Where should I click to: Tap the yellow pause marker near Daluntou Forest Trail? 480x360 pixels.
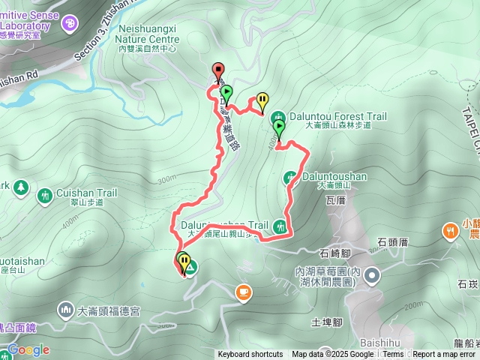[262, 99]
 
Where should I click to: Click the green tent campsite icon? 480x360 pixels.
[190, 266]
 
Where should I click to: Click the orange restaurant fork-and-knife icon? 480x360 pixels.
[450, 230]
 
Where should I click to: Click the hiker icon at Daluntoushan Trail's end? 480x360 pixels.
[280, 225]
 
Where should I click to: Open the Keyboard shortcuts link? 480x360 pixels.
[250, 355]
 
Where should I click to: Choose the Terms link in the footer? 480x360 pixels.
[393, 355]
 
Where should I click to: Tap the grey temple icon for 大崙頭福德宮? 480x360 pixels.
[65, 309]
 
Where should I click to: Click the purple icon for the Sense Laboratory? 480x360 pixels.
[69, 23]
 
